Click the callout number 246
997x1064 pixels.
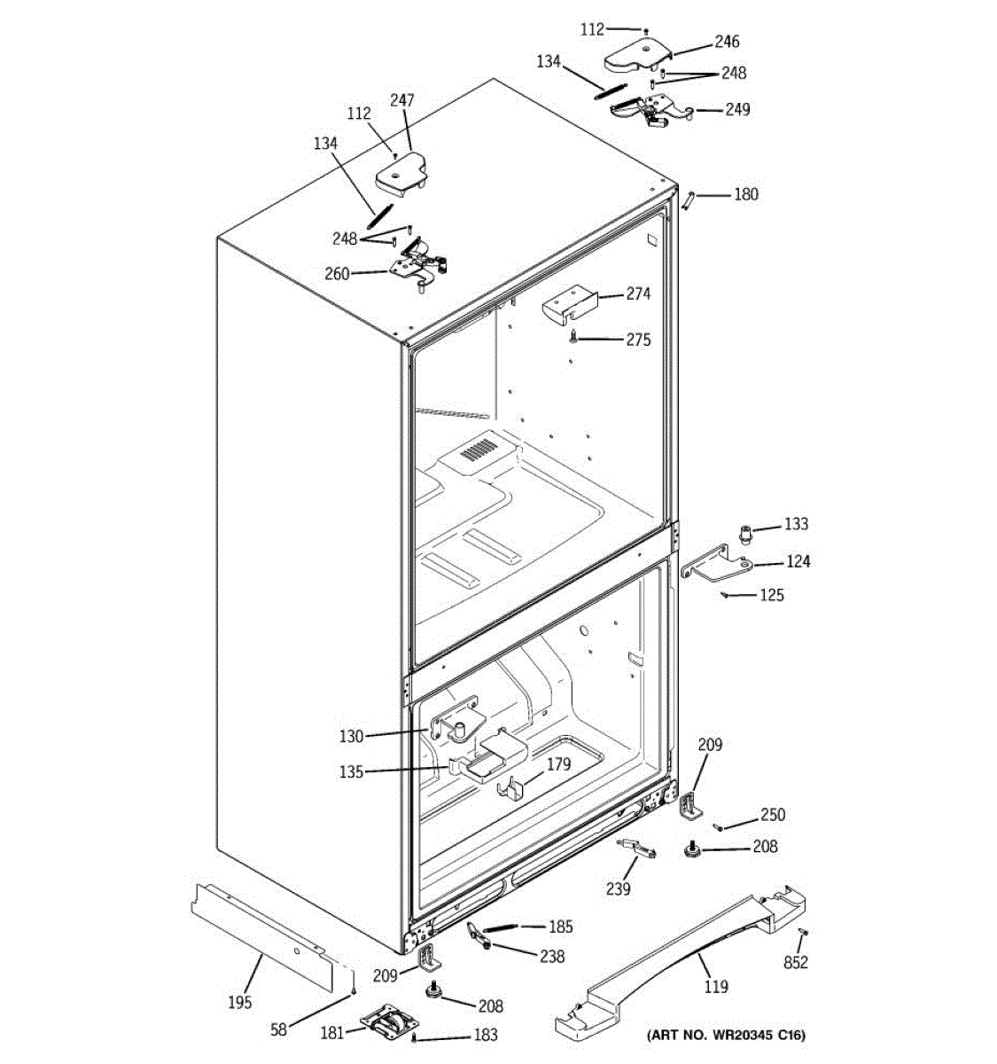[x=727, y=42]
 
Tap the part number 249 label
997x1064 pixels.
[x=737, y=110]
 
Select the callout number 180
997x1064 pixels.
[x=746, y=194]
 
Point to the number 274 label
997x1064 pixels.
[x=638, y=294]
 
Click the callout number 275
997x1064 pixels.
[x=638, y=340]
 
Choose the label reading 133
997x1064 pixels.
[x=796, y=525]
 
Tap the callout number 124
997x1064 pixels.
[x=798, y=561]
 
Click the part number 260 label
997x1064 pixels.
[x=337, y=274]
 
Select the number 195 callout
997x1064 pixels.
[x=239, y=1002]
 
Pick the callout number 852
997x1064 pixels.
[x=796, y=963]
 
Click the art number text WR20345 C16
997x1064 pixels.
[x=726, y=1035]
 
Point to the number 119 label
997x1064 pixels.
[x=716, y=987]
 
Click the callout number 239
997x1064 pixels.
[x=618, y=889]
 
